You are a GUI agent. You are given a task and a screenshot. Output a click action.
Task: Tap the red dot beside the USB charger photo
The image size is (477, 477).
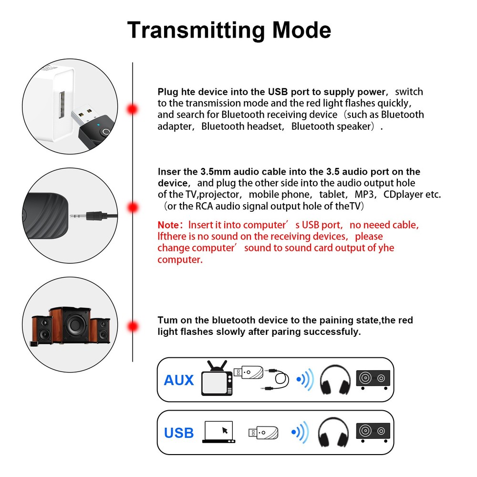coord(132,109)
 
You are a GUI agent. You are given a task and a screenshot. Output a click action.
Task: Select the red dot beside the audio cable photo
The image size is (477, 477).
coord(132,207)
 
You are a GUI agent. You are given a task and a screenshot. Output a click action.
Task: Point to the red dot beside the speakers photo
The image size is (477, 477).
coord(132,327)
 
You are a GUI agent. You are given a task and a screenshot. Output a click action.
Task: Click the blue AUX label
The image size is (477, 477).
coord(179,380)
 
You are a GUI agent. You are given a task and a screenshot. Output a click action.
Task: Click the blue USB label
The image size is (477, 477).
coord(179,433)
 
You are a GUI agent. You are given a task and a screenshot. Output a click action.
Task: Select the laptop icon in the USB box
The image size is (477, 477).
coord(218,432)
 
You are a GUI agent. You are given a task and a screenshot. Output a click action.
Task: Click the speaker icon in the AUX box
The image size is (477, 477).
coord(373,380)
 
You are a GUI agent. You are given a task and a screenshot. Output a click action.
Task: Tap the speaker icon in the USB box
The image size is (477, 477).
coord(373,432)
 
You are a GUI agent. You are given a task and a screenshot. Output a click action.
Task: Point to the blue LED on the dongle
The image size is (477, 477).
coord(97,127)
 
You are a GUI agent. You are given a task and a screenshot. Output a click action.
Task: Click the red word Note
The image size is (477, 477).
coord(169,225)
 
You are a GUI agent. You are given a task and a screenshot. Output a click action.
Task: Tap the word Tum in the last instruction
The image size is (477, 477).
coord(167,320)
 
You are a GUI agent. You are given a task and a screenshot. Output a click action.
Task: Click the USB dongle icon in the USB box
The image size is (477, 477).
coord(262,432)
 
